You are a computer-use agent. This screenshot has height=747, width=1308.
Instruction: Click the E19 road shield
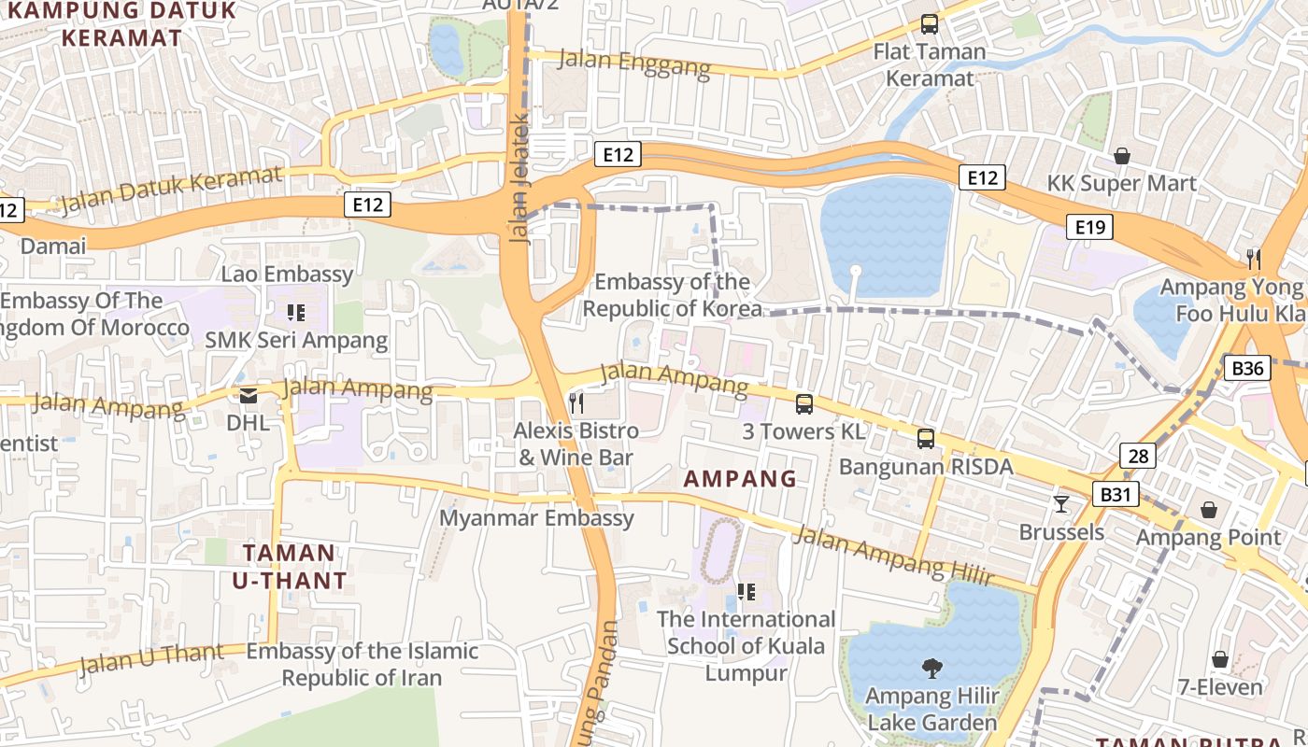(x=1089, y=226)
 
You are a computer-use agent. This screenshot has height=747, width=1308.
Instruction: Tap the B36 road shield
(x=1247, y=368)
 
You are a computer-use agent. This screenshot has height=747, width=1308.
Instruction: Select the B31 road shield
(x=1116, y=493)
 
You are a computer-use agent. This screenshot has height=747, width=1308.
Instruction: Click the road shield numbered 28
(x=1138, y=456)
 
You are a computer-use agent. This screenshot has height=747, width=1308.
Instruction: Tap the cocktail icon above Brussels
(x=1061, y=504)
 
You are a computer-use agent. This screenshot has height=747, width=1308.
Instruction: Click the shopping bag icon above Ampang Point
(x=1209, y=510)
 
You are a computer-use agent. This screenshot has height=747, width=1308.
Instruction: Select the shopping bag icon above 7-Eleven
(x=1220, y=659)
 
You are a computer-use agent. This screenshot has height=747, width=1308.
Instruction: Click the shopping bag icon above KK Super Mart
(x=1121, y=155)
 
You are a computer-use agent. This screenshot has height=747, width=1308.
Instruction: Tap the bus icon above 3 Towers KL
(x=803, y=403)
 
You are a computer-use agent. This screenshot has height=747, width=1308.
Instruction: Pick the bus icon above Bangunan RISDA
(x=925, y=438)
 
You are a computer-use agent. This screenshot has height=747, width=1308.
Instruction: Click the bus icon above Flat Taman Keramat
(x=929, y=24)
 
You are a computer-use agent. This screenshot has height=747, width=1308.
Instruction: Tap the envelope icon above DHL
(x=249, y=396)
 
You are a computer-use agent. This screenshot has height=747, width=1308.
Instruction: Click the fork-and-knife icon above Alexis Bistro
(x=577, y=403)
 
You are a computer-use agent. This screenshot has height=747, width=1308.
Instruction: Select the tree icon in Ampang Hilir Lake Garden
(x=931, y=668)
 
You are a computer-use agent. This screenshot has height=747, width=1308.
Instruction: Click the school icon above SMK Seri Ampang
(x=296, y=313)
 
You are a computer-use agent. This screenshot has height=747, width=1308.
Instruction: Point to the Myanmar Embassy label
(x=536, y=518)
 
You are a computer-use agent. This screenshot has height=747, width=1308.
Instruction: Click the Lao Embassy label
(x=287, y=274)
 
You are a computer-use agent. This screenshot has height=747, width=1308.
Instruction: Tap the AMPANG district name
(x=740, y=479)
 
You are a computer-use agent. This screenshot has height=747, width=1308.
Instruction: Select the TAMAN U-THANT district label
(x=289, y=566)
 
